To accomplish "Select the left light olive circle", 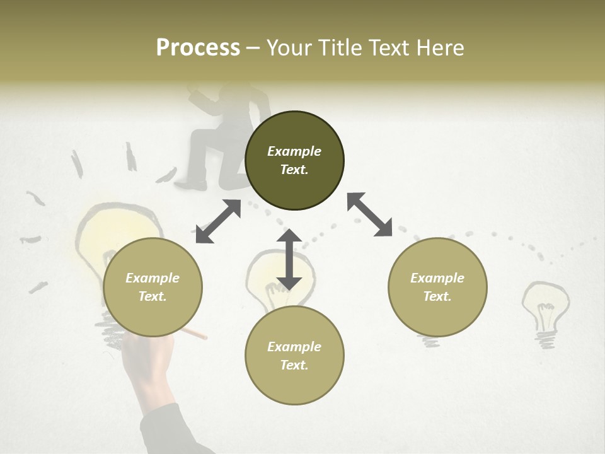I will tap(153, 288).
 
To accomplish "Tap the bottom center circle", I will tap(294, 356).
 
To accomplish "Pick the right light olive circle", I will tap(437, 288).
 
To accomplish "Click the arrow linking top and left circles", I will tap(218, 221).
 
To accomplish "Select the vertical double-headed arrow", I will tap(289, 260).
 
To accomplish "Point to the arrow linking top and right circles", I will tap(369, 214).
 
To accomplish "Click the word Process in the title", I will tap(198, 48).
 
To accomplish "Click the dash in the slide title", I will tap(253, 48).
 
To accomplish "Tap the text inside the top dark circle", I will tap(294, 160).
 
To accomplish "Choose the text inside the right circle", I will tap(437, 287).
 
